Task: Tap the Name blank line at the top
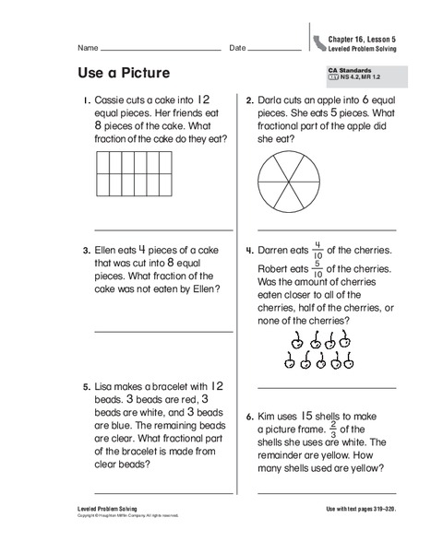click(161, 48)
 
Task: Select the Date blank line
click(268, 48)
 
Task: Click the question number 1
click(85, 100)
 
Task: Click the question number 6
click(249, 417)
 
